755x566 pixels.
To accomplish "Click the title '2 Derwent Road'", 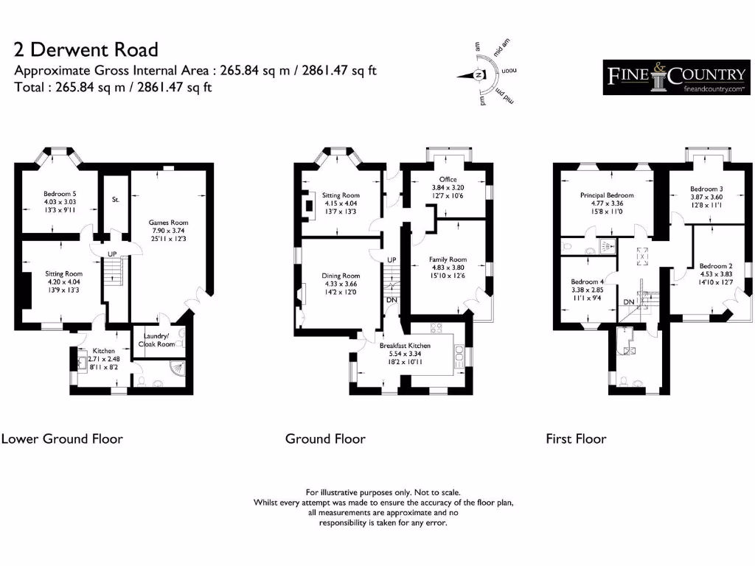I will pos(86,50).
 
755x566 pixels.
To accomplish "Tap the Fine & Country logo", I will pos(676,77).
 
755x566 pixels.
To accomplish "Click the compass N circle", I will pos(479,74).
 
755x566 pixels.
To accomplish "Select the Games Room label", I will pos(168,223).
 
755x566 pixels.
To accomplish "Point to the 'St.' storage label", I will pos(116,200).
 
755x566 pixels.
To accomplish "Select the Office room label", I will pos(448,179).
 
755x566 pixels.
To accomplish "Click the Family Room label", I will pos(448,259).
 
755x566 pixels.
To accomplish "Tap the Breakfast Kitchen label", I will pos(405,345).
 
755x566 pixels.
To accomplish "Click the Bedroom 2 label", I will pos(715,266).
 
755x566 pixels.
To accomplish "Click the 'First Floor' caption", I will pos(576,439).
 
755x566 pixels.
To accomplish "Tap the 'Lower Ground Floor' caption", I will pos(62,439).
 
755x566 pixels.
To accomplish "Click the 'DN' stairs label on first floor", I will pos(629,302).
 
